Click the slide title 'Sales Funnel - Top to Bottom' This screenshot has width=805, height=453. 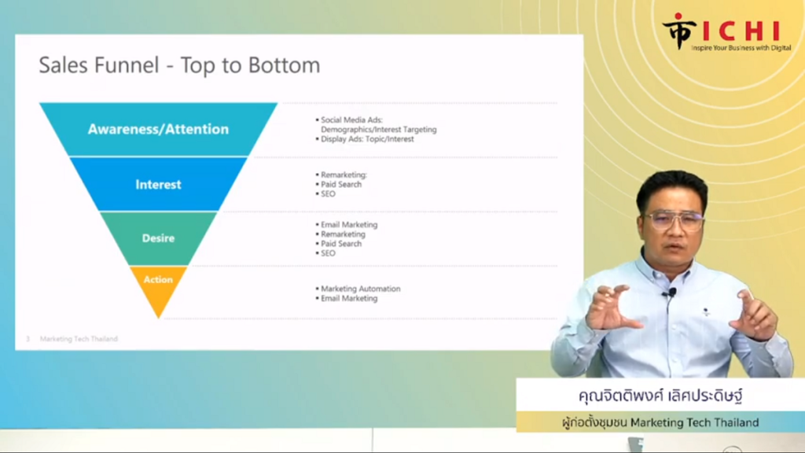point(179,65)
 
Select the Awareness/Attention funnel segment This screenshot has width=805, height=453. point(159,129)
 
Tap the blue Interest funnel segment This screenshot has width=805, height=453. point(159,184)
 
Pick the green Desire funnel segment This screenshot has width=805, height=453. point(159,238)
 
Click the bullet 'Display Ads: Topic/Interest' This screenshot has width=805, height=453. point(367,139)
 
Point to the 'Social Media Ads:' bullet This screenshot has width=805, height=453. point(351,120)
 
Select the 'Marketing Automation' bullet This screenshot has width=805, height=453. point(360,289)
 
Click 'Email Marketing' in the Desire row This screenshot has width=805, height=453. point(348,224)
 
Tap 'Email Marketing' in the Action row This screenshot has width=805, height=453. point(348,298)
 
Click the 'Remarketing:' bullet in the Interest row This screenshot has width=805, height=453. point(344,175)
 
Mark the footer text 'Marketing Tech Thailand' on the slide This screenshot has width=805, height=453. point(79,339)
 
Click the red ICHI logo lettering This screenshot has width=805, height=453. point(741,31)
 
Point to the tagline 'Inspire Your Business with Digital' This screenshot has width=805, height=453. point(741,48)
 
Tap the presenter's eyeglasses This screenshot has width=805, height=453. point(673,221)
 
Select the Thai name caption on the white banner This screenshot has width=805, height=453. point(660,396)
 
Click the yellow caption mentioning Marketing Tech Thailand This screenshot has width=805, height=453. point(660,422)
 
